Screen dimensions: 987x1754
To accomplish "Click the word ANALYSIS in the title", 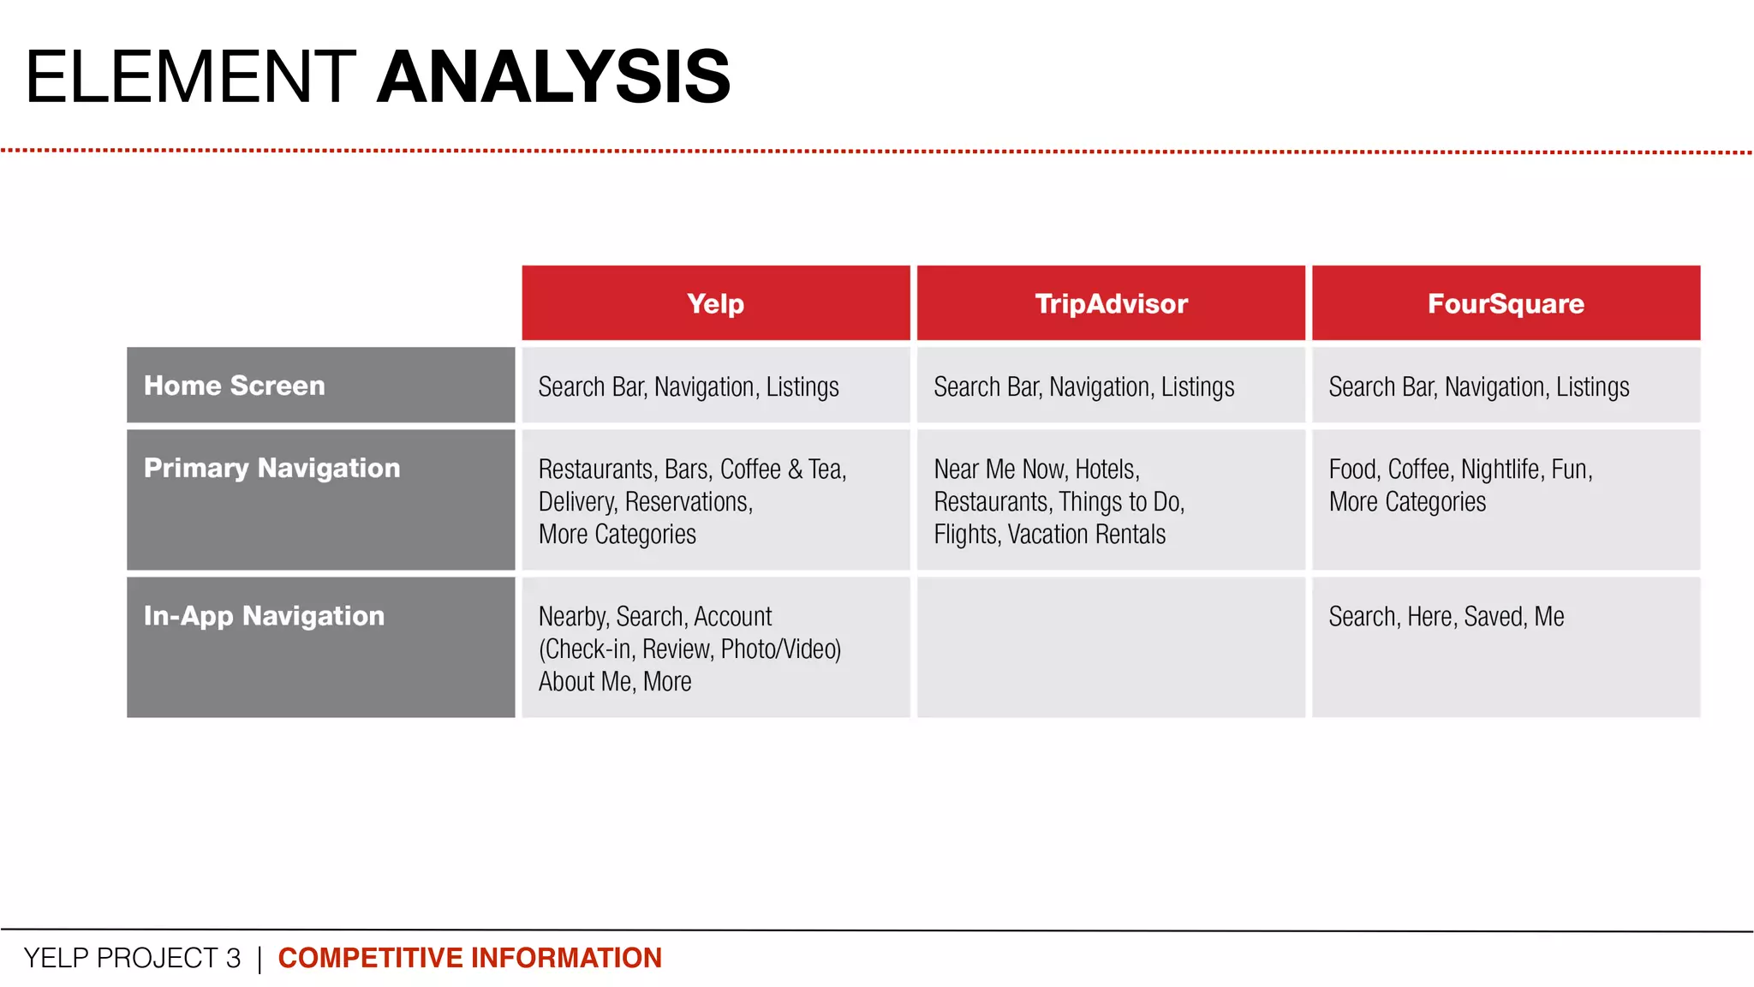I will point(553,77).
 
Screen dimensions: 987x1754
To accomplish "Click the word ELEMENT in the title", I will point(190,77).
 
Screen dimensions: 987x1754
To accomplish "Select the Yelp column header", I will point(715,303).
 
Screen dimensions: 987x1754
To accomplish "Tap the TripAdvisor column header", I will point(1111,303).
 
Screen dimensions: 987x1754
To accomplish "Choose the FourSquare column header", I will point(1506,303).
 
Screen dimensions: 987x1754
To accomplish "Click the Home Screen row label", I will point(235,386).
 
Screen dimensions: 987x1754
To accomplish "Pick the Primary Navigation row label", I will point(271,468).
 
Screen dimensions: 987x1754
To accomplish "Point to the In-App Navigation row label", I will point(264,616).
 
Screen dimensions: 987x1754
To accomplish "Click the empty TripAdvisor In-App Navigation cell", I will point(1111,647).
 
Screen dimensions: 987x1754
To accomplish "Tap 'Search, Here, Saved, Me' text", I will point(1446,617).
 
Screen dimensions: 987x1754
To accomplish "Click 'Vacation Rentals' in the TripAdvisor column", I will point(1086,535).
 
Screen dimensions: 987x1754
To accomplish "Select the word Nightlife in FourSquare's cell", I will point(1500,470).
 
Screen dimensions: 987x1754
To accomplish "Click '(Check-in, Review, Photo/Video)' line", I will point(689,649).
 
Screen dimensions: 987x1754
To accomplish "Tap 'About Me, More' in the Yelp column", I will point(614,682).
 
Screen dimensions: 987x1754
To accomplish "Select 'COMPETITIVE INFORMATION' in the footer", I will point(469,958).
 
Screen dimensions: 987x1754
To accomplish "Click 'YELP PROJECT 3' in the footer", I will point(132,958).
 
